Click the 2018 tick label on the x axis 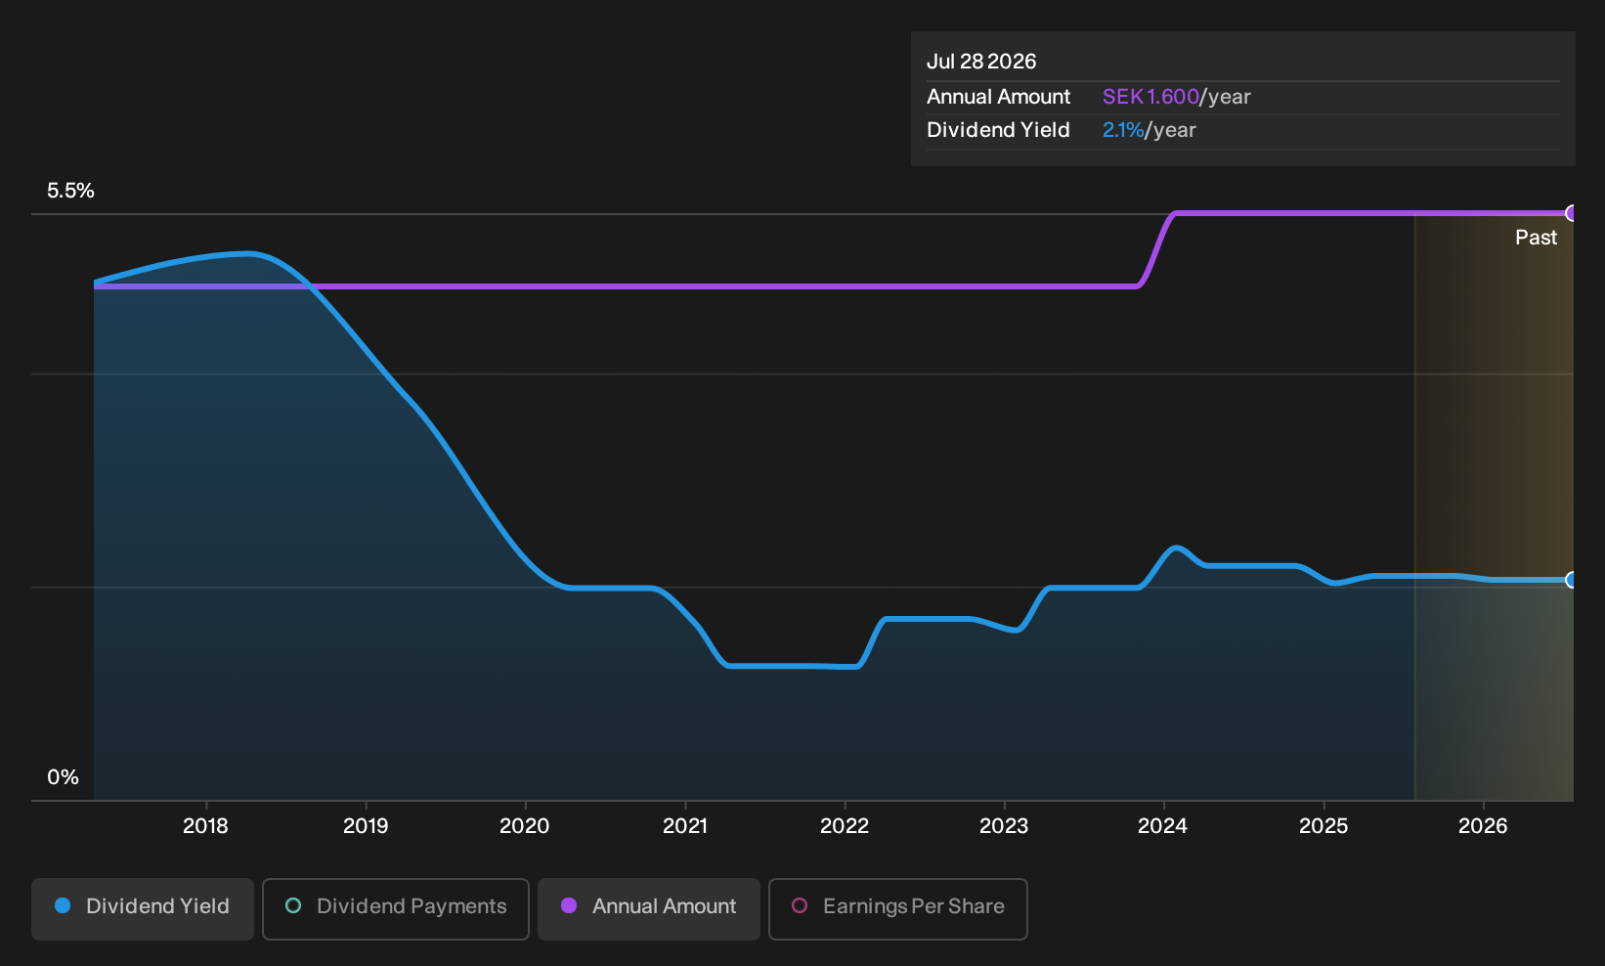205,826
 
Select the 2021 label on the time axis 685,826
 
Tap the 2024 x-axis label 1163,826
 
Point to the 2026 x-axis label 1483,826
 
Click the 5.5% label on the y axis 70,191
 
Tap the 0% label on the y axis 64,777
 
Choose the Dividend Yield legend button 143,908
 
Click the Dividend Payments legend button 396,908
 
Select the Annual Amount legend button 648,908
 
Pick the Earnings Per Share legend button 897,908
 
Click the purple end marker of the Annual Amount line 1570,213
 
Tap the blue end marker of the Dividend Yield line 1570,580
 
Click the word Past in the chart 1537,238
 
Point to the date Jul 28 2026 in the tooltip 981,62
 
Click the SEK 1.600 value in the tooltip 1150,97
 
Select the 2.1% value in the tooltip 1123,130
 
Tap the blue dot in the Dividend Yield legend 64,905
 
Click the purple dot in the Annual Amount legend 569,905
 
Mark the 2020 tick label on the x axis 525,826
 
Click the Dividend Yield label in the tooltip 998,130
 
